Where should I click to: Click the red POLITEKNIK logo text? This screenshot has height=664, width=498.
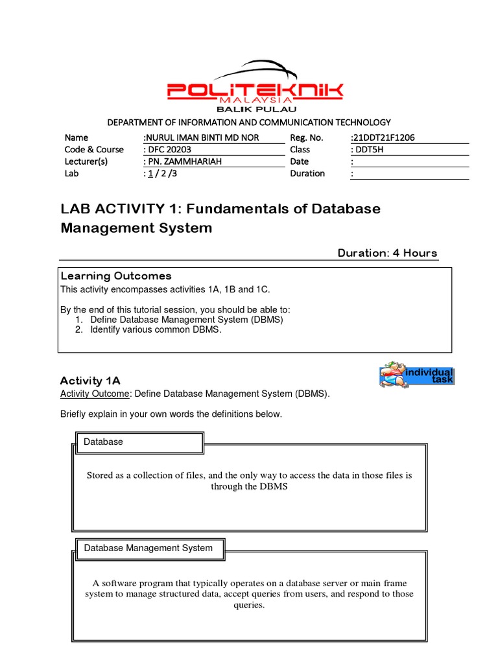pos(255,90)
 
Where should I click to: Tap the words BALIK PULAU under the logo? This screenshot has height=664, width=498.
pos(255,110)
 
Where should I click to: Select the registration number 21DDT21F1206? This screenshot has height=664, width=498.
pos(383,138)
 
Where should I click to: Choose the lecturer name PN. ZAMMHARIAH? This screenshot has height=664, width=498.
pos(182,161)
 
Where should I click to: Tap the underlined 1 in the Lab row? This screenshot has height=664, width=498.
pos(150,174)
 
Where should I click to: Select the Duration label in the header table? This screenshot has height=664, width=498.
pos(307,174)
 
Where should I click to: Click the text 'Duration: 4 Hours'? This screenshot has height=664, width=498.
pos(387,253)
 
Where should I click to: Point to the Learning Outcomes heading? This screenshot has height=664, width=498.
pos(115,276)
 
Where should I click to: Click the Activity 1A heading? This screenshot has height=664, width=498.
pos(90,381)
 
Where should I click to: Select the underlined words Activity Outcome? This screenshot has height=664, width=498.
pos(95,394)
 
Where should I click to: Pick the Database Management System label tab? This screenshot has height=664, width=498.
pos(148,548)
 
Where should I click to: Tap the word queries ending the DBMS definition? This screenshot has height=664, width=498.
pos(249,605)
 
